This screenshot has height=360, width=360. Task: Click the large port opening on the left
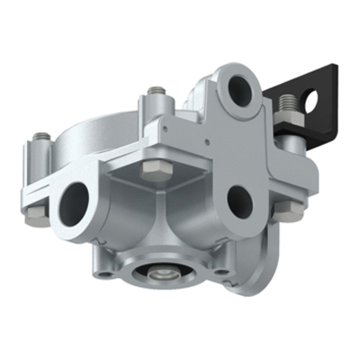click(74, 205)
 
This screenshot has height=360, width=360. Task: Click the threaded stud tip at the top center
click(158, 91)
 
